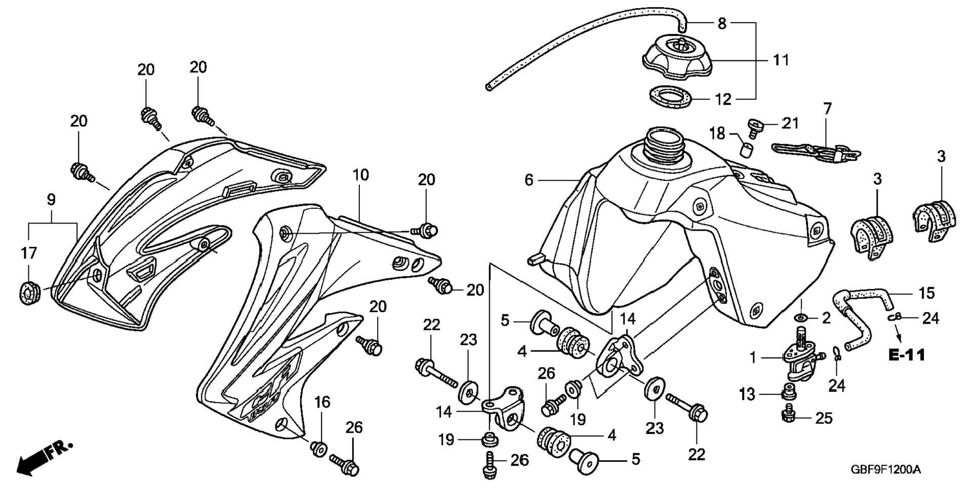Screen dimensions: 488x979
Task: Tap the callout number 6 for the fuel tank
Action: [x=529, y=180]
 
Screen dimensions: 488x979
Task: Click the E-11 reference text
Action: [x=907, y=355]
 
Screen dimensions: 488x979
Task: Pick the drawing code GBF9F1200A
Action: [x=885, y=470]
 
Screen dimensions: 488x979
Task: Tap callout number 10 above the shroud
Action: [x=360, y=175]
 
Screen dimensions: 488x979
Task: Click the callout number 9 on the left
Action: [x=51, y=200]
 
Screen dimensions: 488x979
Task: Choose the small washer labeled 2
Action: [x=802, y=318]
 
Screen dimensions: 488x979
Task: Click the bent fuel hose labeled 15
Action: [x=861, y=315]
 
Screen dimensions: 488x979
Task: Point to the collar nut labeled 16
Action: [x=319, y=448]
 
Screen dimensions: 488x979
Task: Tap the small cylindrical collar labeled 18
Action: [x=746, y=150]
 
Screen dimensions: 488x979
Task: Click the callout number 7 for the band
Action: [x=827, y=109]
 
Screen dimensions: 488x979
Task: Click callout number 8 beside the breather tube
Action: [x=722, y=23]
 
